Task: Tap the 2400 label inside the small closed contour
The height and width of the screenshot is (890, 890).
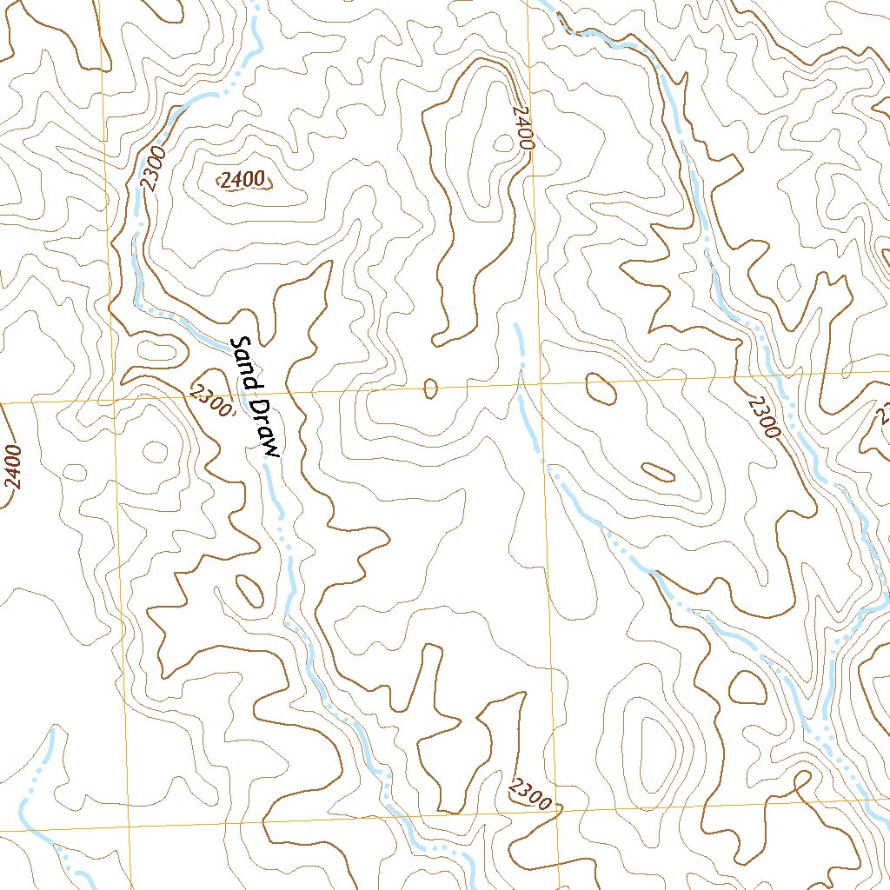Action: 242,181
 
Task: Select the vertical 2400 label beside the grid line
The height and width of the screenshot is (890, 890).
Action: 522,129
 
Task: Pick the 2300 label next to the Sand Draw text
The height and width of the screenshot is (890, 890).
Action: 211,401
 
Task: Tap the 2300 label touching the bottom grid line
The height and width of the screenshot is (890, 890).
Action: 530,794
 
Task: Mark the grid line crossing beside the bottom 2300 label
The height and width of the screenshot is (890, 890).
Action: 557,808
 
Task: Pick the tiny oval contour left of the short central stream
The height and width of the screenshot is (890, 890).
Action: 430,389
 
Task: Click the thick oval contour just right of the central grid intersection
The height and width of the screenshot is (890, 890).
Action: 601,388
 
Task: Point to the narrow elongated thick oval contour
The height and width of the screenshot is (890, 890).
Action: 658,472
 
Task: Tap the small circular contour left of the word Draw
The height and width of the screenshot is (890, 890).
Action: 156,451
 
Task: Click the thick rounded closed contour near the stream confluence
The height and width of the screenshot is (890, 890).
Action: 747,687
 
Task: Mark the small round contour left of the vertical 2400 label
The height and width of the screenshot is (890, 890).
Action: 503,144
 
